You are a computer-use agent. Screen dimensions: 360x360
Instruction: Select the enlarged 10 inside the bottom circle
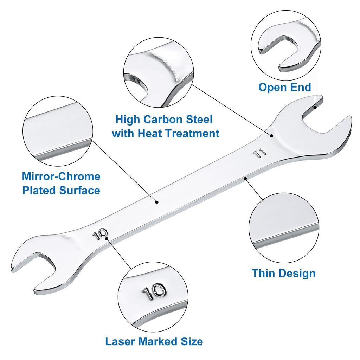[x=154, y=292]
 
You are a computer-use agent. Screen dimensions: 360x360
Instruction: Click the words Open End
[x=285, y=87]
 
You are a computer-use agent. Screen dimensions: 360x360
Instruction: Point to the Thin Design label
[x=283, y=273]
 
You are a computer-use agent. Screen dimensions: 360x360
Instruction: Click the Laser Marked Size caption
[x=154, y=341]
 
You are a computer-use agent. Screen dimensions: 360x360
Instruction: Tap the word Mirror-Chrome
[x=61, y=176]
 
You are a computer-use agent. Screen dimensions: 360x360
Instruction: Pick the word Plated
[x=39, y=191]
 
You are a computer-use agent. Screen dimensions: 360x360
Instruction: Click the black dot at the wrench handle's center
[x=157, y=202]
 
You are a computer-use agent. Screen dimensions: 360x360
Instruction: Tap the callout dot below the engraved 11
[x=246, y=179]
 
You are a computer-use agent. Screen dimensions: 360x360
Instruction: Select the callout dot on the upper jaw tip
[x=315, y=107]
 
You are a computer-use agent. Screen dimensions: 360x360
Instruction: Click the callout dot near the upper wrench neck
[x=271, y=135]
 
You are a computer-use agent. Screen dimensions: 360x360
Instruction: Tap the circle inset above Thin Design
[x=284, y=229]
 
